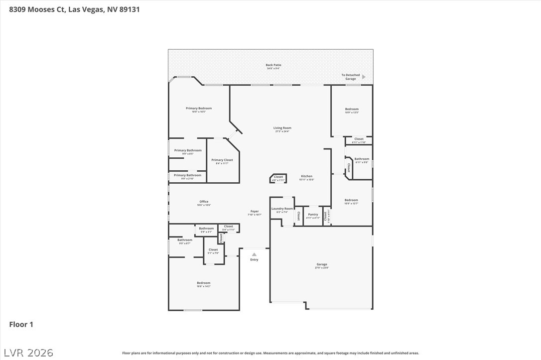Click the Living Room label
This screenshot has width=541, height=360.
[x=282, y=128]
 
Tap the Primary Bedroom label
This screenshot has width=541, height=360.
[x=199, y=109]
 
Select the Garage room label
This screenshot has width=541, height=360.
[x=322, y=265]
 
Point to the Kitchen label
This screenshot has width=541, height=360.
[x=306, y=177]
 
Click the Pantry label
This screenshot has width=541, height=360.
[x=313, y=215]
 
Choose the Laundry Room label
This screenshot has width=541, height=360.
[x=282, y=209]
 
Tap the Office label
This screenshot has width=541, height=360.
[x=204, y=202]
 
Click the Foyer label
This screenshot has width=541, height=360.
[x=255, y=212]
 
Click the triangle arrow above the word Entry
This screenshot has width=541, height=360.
[x=254, y=254]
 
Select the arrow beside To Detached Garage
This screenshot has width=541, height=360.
[x=364, y=77]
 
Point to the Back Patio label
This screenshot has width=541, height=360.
[x=273, y=65]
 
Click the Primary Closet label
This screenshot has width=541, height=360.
[x=222, y=160]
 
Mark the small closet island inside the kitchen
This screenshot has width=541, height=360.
[x=278, y=178]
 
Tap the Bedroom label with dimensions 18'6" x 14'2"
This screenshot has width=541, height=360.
[x=203, y=283]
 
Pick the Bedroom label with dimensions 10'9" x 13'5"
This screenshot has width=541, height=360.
[x=352, y=109]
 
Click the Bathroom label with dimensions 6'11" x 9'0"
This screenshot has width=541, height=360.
[x=362, y=159]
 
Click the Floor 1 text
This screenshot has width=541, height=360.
[x=21, y=325]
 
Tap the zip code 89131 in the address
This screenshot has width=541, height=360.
[x=129, y=9]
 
